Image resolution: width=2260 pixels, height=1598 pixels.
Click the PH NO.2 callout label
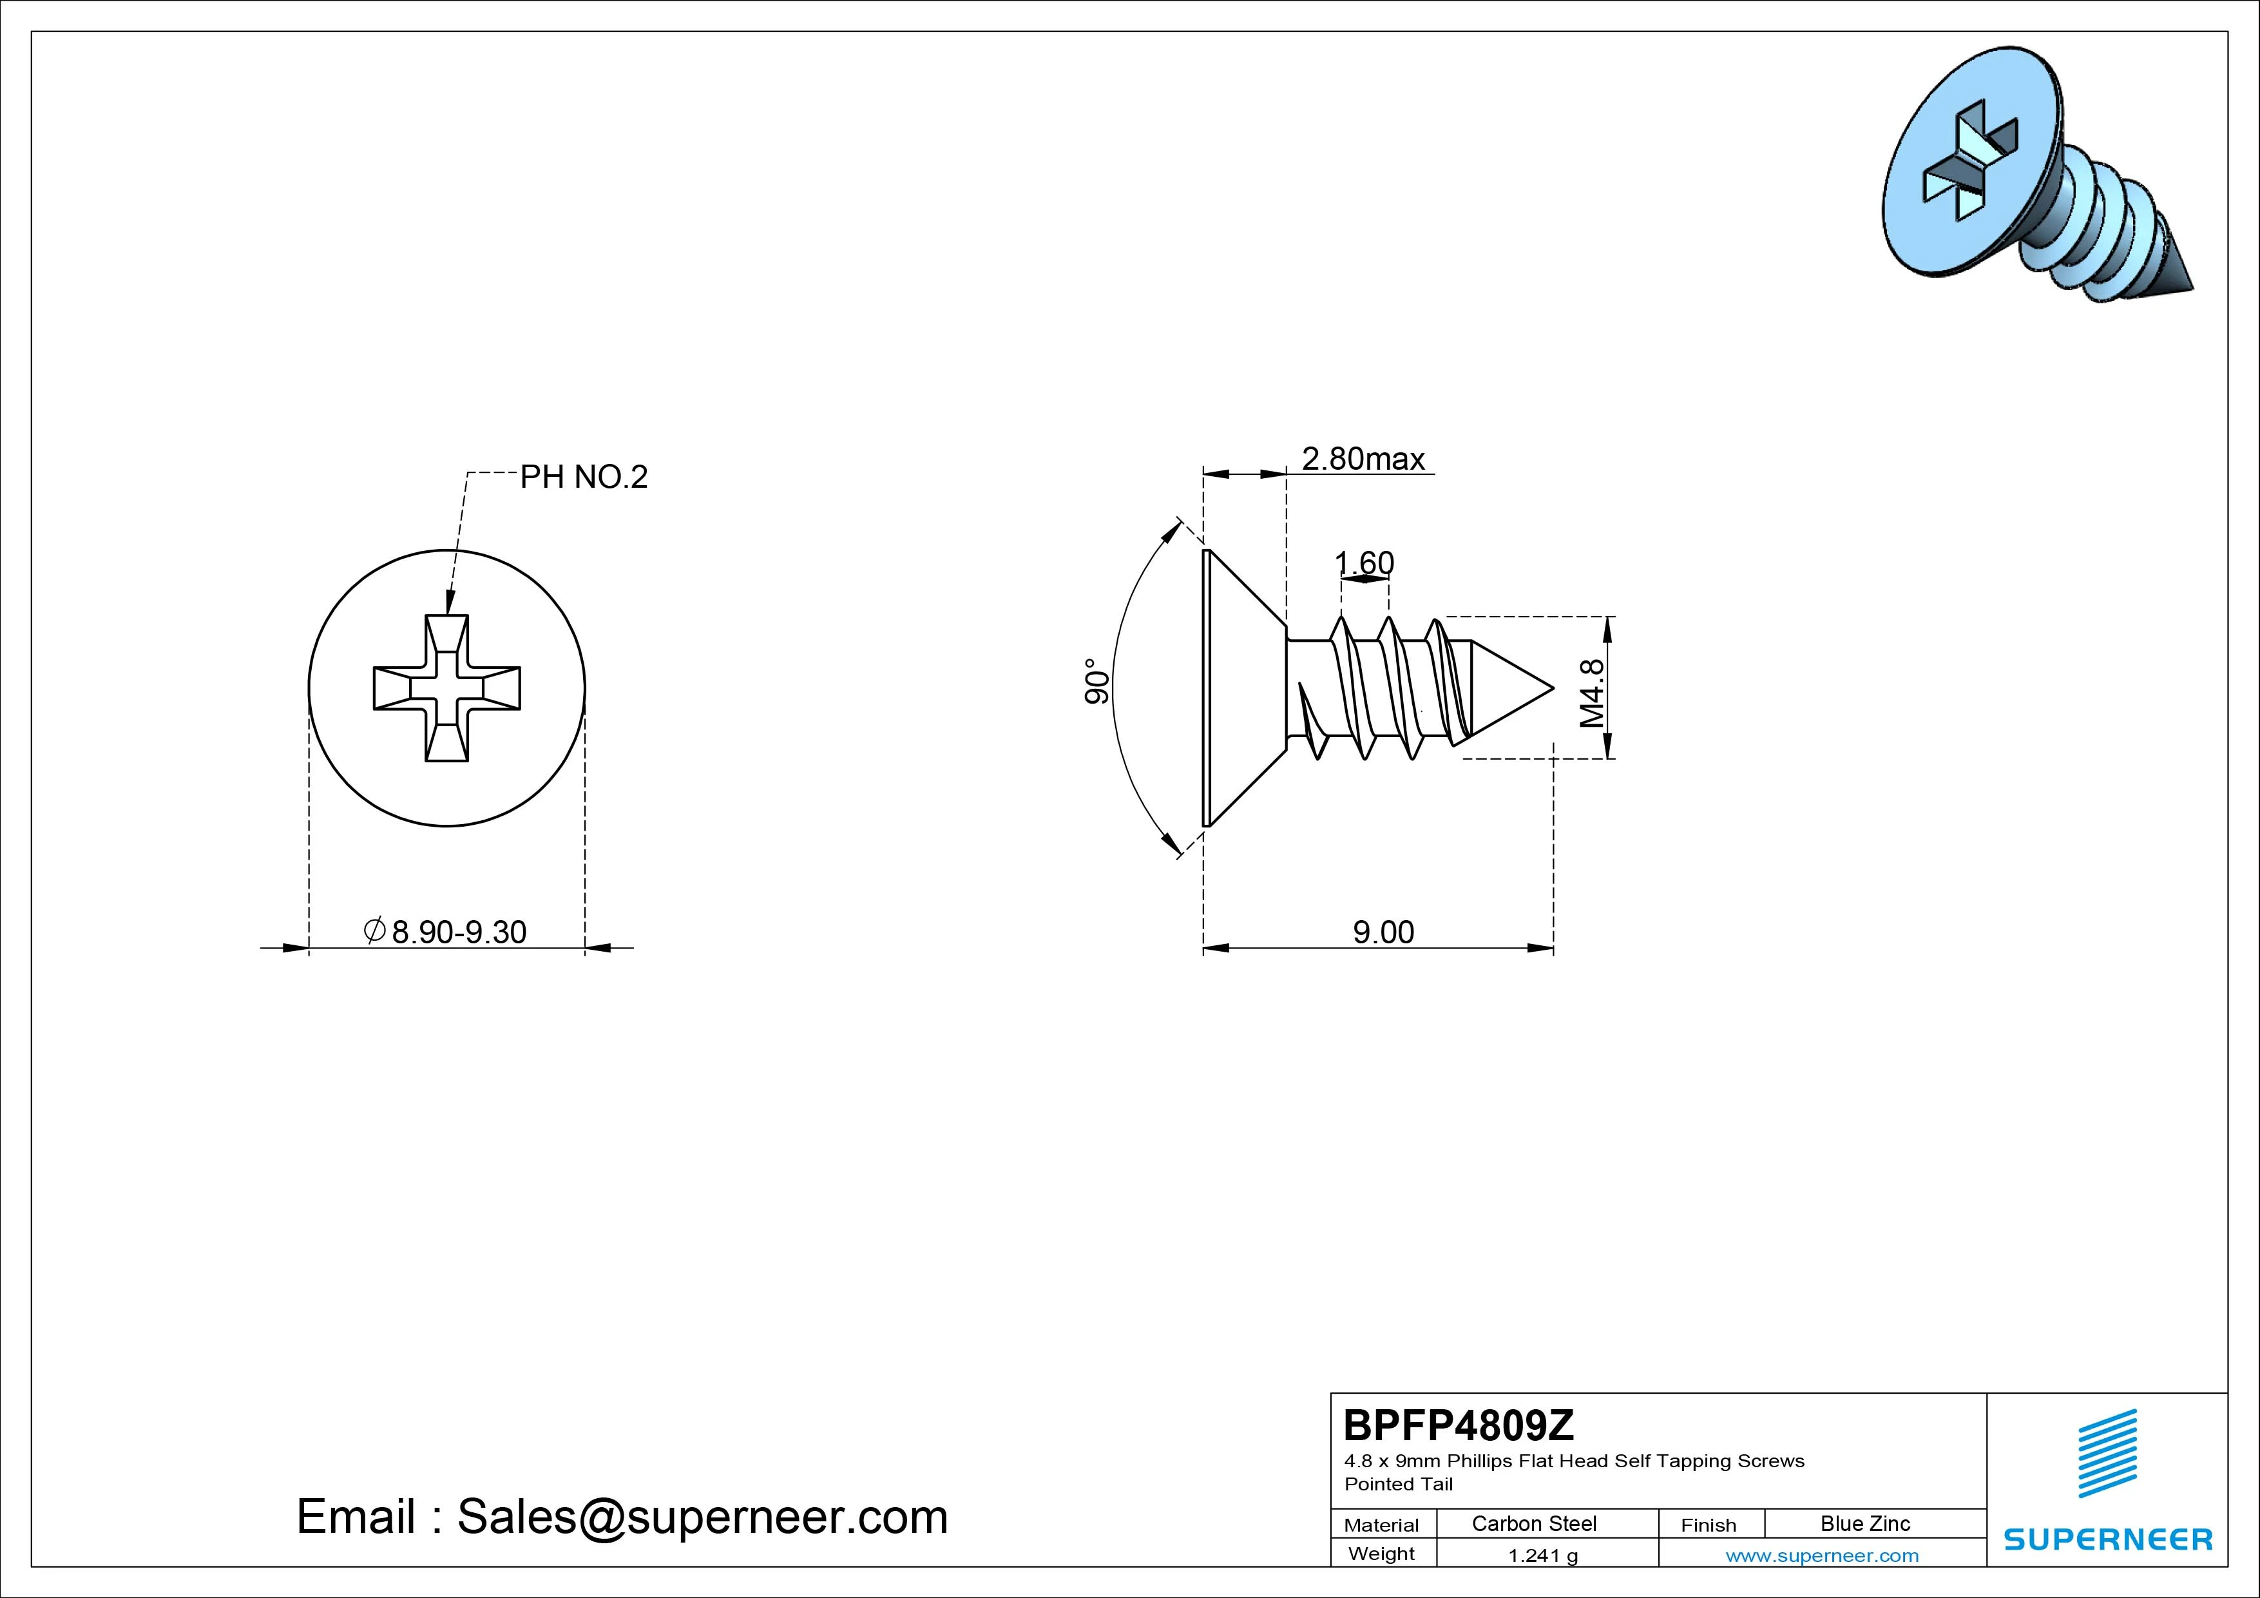pos(584,477)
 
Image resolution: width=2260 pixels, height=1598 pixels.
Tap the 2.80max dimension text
pos(1363,459)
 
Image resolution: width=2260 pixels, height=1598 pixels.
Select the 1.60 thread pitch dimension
pos(1365,563)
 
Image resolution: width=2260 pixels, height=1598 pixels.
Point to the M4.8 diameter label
pos(1592,693)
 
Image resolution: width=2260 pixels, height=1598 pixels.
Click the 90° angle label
pos(1096,681)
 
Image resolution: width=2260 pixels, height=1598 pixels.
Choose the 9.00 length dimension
pos(1383,932)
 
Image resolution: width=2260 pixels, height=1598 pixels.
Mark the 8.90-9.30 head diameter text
pos(445,932)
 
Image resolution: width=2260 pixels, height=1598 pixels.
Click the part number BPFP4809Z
pos(1459,1425)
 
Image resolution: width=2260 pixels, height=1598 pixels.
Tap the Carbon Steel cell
pos(1533,1523)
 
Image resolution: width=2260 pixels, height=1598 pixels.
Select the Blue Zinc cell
pos(1865,1523)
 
